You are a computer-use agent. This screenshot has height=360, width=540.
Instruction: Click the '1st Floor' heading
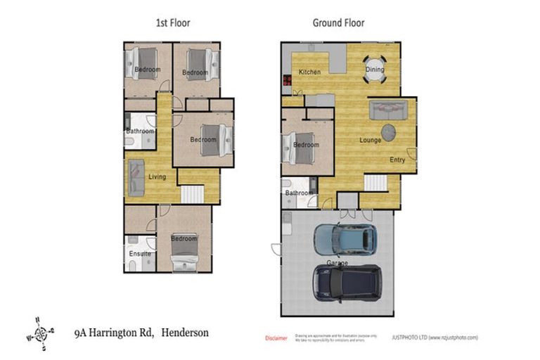[x=172, y=22]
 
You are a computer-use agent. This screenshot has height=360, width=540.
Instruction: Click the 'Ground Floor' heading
[x=338, y=22]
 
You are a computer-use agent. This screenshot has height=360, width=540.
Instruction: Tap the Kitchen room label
[x=309, y=72]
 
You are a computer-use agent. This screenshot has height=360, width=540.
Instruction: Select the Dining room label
[x=374, y=70]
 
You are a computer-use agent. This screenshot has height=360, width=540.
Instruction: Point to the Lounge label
[x=370, y=140]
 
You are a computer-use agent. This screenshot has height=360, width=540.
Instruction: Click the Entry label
[x=397, y=160]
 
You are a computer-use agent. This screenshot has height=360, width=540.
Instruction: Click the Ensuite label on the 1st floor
[x=139, y=253]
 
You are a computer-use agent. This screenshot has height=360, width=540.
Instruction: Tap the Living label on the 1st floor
[x=157, y=176]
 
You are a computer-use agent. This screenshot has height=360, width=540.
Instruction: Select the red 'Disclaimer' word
[x=276, y=338]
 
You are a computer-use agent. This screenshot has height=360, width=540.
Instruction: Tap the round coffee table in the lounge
[x=390, y=131]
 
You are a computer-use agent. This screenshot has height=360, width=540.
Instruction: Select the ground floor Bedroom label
[x=306, y=145]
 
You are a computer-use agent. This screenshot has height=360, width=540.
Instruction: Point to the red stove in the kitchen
[x=287, y=80]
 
